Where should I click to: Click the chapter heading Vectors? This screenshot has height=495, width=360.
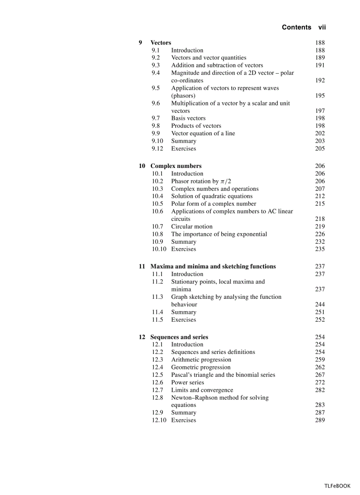(161, 43)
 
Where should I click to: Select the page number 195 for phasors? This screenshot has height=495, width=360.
(320, 96)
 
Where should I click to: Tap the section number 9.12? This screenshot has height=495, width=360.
(157, 149)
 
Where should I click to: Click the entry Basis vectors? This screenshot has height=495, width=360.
(188, 118)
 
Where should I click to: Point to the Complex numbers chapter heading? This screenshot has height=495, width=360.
(176, 166)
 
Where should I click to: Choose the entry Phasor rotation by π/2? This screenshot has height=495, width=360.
(201, 181)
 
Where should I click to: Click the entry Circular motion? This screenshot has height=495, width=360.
(191, 227)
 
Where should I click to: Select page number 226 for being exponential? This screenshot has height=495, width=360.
(320, 234)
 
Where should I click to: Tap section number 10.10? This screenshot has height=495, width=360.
(159, 249)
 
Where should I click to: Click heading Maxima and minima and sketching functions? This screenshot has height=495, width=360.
(213, 266)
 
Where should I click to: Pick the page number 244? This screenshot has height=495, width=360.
(320, 305)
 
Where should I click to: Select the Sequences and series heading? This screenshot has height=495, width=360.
(179, 337)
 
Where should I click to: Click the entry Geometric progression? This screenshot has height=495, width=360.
(201, 367)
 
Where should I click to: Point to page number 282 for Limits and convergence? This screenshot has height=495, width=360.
(320, 390)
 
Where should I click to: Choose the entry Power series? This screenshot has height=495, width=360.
(187, 383)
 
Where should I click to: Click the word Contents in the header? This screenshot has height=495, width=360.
(296, 27)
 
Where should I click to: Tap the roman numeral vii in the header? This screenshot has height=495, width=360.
(322, 27)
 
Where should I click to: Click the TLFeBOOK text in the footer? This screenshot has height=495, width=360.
(337, 486)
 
